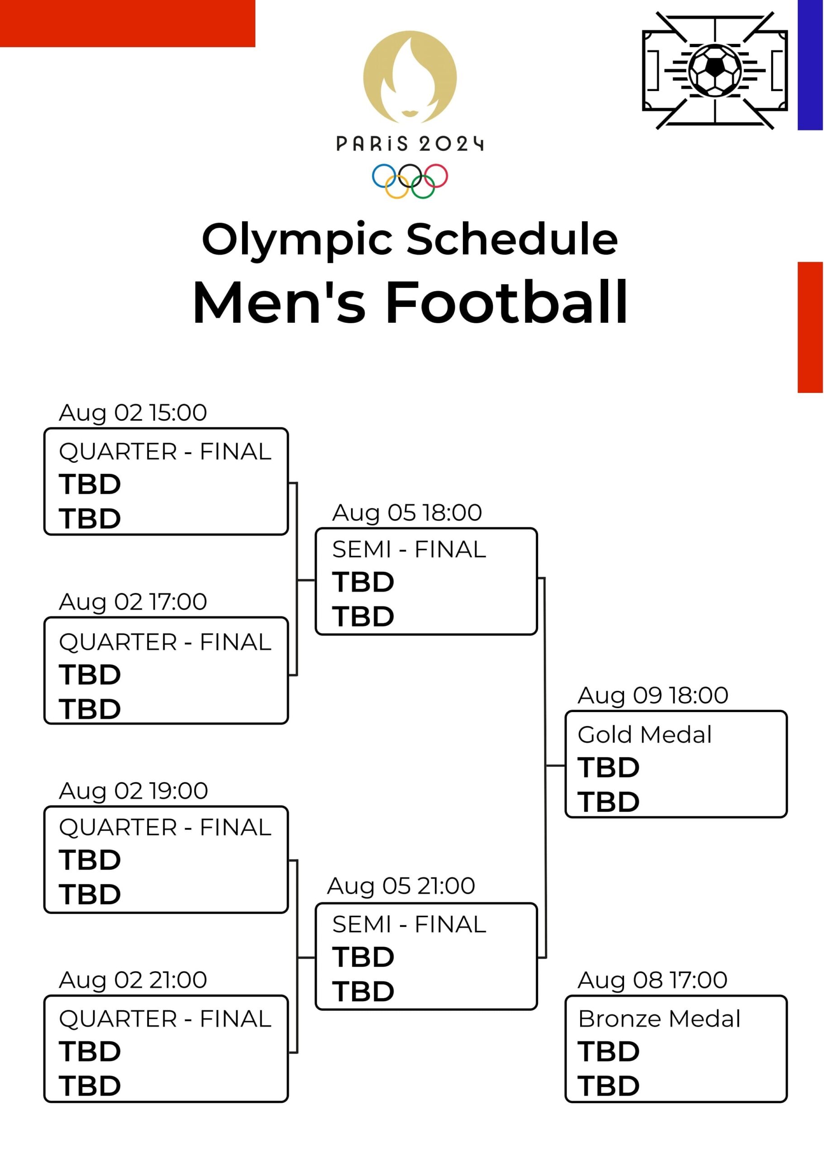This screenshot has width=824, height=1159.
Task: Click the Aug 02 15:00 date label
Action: point(133,413)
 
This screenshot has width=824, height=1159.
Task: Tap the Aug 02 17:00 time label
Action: point(133,602)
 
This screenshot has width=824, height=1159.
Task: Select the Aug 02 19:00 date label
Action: point(133,791)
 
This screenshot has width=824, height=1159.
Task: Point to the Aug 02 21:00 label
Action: point(133,980)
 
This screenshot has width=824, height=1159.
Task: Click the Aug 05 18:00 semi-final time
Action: point(407,513)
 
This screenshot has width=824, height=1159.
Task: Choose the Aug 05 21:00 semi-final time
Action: point(401,886)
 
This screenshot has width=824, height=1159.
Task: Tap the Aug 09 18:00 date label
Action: point(653,695)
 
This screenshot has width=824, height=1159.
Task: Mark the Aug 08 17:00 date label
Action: point(653,980)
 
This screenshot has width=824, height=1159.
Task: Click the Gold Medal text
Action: point(644,735)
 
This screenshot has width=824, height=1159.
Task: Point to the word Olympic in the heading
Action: point(297,239)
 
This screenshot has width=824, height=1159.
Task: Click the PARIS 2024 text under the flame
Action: point(410,144)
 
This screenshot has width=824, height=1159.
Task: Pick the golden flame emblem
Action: point(410,77)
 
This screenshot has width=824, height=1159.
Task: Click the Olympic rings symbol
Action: point(410,181)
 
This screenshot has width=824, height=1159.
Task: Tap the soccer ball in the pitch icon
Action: point(714,70)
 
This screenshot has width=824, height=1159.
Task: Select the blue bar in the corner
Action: point(810,65)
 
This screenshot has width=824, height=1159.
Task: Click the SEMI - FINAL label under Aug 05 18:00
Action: point(409,550)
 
